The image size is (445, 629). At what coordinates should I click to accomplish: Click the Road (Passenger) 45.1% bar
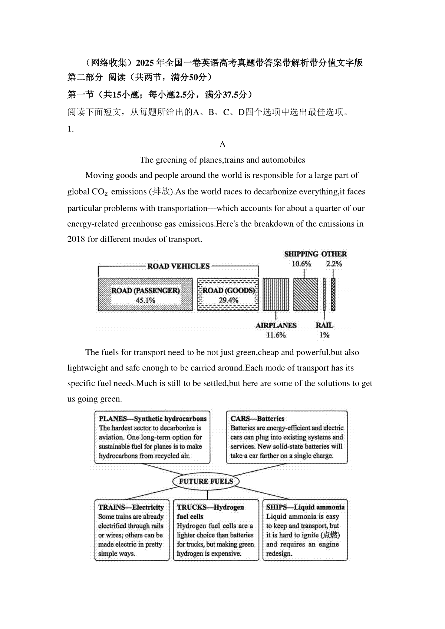(145, 295)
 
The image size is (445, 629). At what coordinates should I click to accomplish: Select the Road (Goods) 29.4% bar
(228, 295)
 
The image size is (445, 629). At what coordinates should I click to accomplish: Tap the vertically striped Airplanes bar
(276, 295)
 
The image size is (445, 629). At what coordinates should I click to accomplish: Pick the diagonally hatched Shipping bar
(306, 295)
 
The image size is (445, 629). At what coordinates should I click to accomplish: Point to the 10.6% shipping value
(301, 264)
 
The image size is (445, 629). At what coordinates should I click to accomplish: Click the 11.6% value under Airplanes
(276, 335)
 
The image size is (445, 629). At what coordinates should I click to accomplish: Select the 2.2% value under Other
(334, 264)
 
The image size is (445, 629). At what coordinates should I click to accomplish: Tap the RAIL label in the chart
(324, 326)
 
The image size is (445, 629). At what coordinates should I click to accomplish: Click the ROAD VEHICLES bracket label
(178, 266)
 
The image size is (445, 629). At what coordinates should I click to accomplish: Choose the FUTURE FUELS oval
(206, 482)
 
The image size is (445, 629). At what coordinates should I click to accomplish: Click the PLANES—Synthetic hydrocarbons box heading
(152, 419)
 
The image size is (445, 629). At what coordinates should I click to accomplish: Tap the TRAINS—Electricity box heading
(131, 507)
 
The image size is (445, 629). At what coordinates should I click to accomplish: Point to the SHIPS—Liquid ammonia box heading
(305, 507)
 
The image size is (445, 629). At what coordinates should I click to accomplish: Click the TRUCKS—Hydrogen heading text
(210, 507)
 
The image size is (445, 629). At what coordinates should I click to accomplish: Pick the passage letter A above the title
(222, 144)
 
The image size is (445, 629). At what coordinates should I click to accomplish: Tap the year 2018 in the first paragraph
(76, 239)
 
